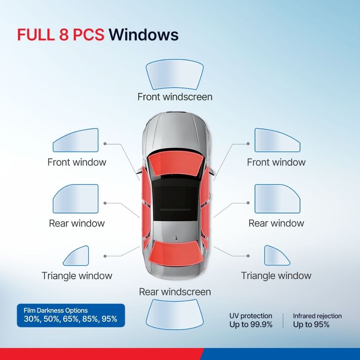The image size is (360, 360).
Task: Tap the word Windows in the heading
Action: click(x=143, y=35)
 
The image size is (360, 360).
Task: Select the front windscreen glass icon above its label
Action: click(x=175, y=75)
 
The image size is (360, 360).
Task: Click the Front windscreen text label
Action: click(x=175, y=97)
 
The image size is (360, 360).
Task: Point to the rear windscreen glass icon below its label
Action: click(x=175, y=314)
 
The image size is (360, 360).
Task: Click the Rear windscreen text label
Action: click(x=175, y=292)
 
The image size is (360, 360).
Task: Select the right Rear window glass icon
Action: click(x=277, y=199)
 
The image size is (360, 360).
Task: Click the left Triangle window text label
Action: click(x=77, y=276)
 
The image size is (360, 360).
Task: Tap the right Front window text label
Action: click(x=276, y=162)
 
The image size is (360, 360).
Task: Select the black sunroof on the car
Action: click(x=175, y=204)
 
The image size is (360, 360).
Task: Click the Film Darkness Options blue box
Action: click(x=71, y=315)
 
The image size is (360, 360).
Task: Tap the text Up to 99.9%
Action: click(x=251, y=324)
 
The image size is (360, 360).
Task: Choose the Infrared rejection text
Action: click(x=317, y=316)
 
